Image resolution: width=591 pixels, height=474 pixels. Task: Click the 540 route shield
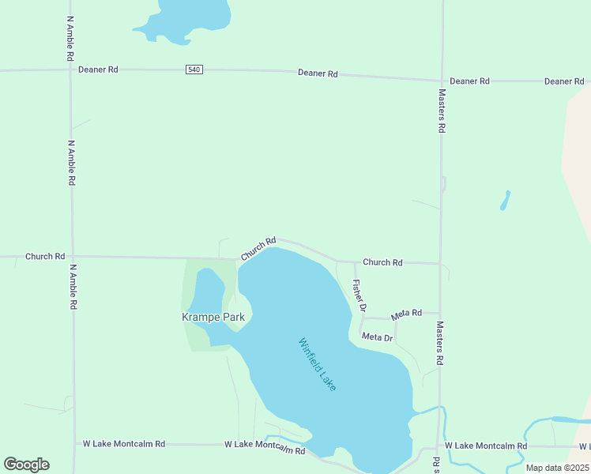click(194, 70)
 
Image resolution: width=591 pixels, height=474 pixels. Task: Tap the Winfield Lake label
click(318, 365)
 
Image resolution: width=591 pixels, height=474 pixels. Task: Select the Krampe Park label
click(213, 318)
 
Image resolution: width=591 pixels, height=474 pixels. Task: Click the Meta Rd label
click(406, 314)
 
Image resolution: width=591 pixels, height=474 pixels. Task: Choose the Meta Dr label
click(377, 337)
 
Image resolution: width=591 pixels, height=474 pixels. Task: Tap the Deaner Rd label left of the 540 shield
click(98, 70)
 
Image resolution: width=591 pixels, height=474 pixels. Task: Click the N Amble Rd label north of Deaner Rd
click(70, 39)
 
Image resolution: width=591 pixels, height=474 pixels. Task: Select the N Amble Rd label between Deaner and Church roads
click(71, 163)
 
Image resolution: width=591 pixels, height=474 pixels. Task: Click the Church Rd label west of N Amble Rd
click(44, 256)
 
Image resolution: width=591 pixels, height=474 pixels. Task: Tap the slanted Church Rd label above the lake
click(258, 249)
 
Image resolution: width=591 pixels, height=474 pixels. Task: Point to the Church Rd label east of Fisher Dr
click(382, 262)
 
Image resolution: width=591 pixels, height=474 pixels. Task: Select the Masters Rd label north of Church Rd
click(442, 110)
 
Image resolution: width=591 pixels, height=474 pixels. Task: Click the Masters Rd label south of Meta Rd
click(439, 342)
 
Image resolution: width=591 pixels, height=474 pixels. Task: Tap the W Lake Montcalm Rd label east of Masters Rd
click(486, 446)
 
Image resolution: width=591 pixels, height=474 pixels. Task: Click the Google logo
click(26, 464)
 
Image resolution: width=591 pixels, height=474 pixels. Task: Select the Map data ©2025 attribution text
click(558, 468)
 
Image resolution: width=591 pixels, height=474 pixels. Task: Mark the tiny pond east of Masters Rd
click(505, 201)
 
